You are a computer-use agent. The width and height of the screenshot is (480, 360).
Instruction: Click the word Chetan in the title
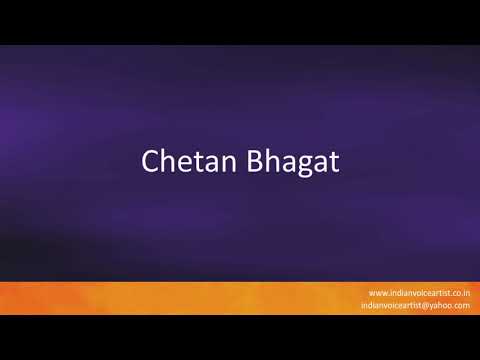click(x=176, y=160)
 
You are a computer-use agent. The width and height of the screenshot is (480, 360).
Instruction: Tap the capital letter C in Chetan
click(x=150, y=160)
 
